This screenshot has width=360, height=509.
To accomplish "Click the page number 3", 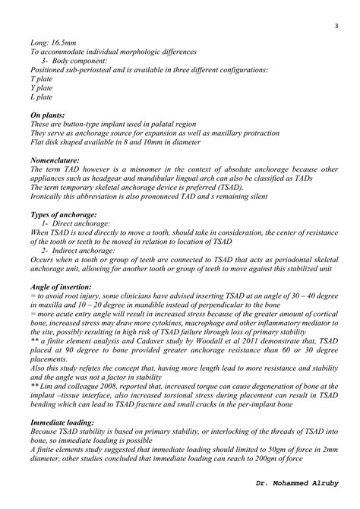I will pos(335,27).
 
